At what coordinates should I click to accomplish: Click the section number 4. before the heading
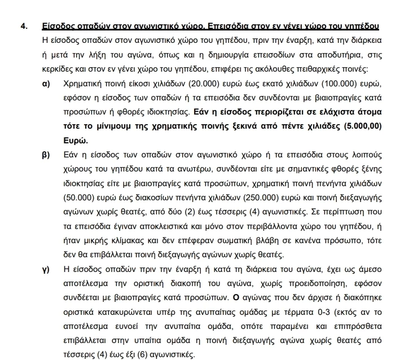24,27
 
